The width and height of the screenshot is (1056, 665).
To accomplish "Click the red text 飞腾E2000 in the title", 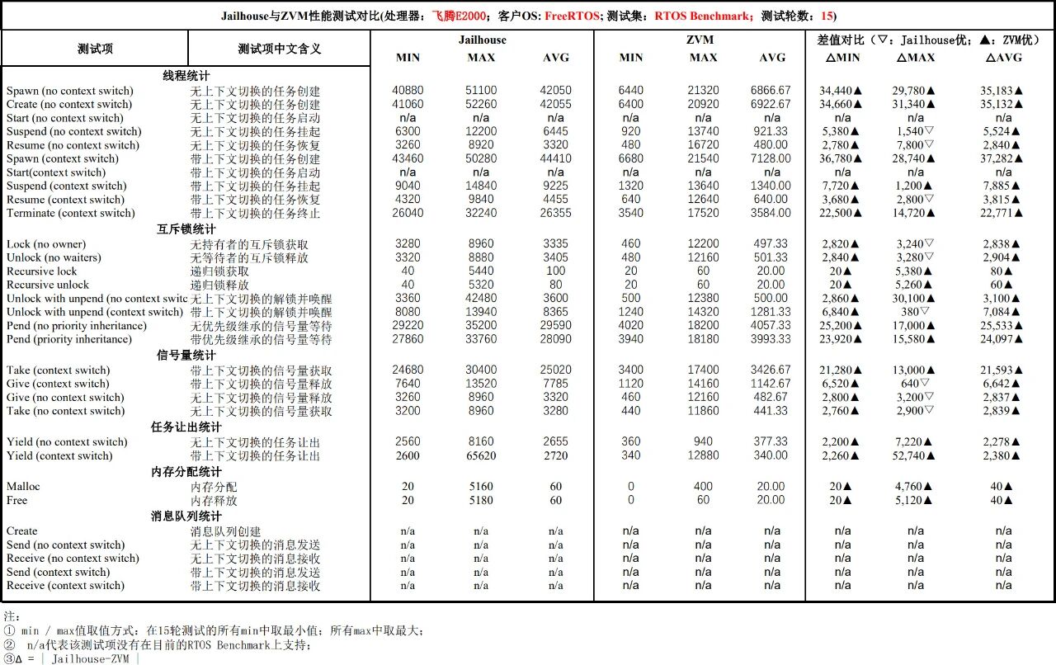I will tap(458, 16).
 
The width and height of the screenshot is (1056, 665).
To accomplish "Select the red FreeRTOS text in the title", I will tap(572, 16).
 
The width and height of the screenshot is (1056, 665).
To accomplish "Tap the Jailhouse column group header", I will tap(482, 40).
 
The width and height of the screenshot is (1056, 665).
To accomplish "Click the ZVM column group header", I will tap(700, 40).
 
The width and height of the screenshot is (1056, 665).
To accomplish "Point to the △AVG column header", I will tap(1003, 58).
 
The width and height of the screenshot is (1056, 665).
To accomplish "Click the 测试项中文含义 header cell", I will tap(279, 49).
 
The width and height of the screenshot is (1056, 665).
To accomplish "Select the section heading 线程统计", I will tap(186, 76).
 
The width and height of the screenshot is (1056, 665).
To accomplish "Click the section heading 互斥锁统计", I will tap(186, 229).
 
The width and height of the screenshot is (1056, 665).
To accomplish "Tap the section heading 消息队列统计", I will tap(186, 516).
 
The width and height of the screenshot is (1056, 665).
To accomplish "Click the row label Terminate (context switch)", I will tap(70, 213).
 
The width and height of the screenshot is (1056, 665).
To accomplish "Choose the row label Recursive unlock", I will tap(48, 285).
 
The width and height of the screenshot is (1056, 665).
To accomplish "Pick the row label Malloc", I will tap(23, 487).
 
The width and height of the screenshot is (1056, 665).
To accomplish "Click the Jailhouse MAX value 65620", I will tap(481, 455).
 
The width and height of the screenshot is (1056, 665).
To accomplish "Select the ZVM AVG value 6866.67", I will tap(771, 91).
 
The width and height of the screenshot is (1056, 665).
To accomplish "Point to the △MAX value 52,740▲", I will tap(916, 455).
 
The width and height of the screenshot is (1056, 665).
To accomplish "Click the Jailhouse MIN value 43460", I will tap(408, 158).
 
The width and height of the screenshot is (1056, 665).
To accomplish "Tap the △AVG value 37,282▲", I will tap(1003, 158).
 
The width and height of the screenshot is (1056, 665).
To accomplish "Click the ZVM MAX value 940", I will tap(703, 441).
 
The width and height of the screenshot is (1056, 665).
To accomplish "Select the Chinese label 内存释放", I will tap(214, 500).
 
